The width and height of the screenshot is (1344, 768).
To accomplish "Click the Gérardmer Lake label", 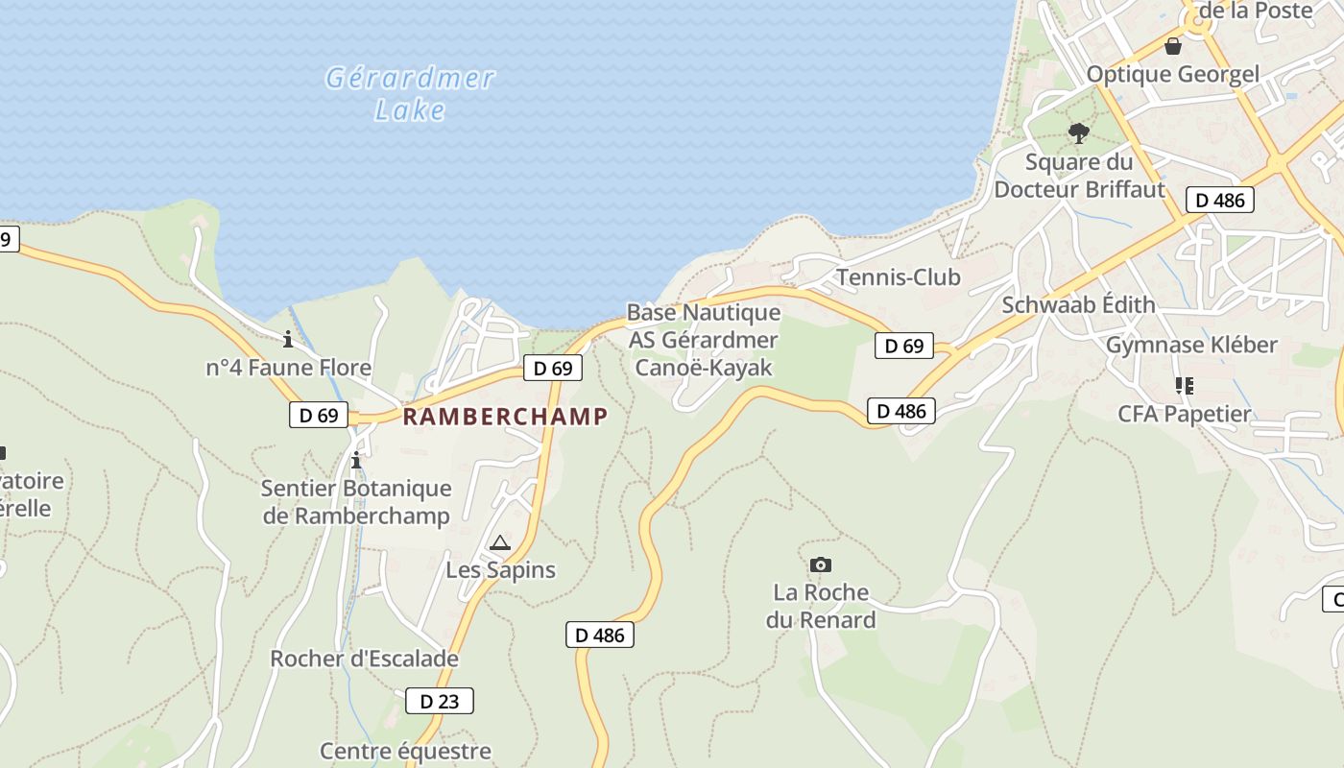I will [411, 93].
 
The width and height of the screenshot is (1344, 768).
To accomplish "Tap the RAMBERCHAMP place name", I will [505, 416].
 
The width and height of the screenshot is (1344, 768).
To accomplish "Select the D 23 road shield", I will [440, 701].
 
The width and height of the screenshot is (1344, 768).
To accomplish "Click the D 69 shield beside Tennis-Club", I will [903, 346].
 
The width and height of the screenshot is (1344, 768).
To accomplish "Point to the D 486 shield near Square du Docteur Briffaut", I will [1219, 200].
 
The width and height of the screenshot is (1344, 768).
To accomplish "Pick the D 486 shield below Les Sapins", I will [600, 635].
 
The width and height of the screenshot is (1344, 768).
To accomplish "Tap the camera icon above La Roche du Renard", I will [820, 564].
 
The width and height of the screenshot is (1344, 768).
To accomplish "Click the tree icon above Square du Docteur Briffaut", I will [1079, 133].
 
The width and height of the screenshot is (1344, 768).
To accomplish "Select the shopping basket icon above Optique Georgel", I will [1172, 45].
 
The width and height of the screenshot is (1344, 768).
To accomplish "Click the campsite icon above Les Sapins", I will [499, 543].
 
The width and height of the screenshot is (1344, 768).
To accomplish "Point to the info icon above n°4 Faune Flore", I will [288, 339].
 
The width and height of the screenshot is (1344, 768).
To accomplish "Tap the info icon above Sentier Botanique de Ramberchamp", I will [356, 461].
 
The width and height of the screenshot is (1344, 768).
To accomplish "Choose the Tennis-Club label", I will [898, 277].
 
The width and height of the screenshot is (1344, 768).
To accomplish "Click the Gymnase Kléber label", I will [1191, 345].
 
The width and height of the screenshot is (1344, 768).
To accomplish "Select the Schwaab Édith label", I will [1078, 304].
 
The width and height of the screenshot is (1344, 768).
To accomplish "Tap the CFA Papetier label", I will [1184, 414].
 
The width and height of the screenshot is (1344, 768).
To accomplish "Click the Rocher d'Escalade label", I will [364, 660].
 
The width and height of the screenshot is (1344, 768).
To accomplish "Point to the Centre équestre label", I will [405, 751].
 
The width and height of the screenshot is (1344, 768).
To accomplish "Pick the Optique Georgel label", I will [1172, 74].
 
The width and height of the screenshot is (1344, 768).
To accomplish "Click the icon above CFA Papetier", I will [1185, 386].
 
